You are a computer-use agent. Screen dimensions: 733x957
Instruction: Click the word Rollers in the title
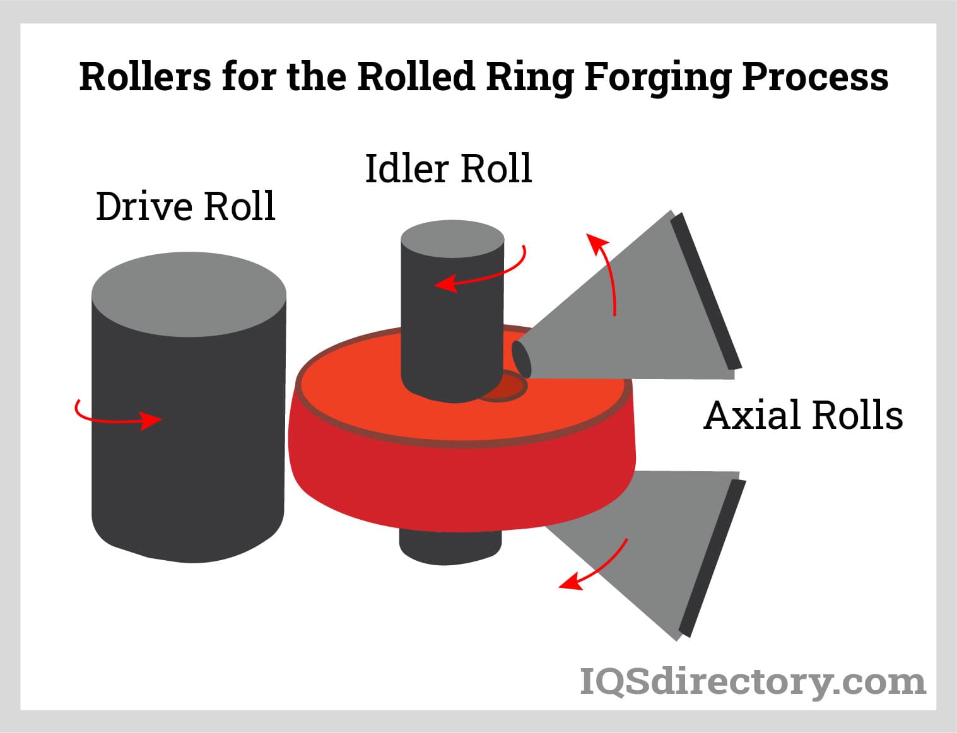click(x=144, y=77)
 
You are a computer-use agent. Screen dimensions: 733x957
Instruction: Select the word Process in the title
click(x=815, y=77)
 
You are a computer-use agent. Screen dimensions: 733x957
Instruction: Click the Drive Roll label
click(x=185, y=206)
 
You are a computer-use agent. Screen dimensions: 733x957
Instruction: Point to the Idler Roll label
click(x=449, y=168)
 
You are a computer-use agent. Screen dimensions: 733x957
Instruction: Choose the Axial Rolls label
click(x=803, y=416)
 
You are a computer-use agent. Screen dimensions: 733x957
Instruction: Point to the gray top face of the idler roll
click(x=452, y=240)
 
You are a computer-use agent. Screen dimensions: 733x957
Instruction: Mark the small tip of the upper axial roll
click(x=521, y=358)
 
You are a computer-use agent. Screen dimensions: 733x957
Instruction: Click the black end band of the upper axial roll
click(x=706, y=290)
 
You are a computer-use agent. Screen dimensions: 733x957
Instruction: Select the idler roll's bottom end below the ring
click(x=450, y=548)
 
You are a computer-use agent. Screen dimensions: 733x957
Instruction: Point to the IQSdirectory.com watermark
click(x=752, y=682)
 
